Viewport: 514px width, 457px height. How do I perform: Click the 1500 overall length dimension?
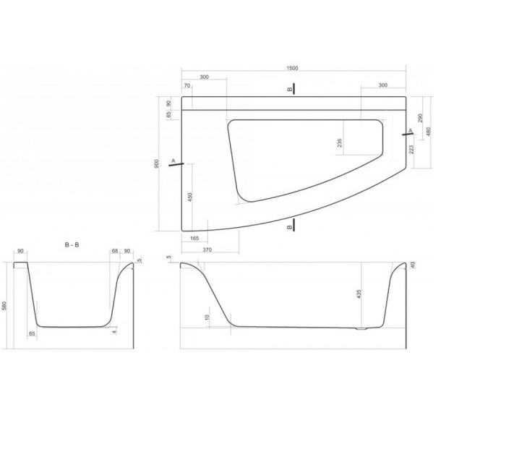point(292,69)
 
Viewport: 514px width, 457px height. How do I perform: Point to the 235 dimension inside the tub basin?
point(340,142)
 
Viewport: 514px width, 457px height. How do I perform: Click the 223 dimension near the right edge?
point(411,150)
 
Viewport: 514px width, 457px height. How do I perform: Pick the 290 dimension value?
point(421,117)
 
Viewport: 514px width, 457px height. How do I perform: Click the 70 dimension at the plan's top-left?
point(187,86)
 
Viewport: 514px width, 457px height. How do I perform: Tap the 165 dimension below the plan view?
point(194,238)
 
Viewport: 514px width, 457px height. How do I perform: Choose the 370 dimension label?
point(207,249)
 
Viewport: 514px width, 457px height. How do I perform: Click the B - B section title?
point(72,244)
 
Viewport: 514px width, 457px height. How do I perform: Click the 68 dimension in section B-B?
point(115,252)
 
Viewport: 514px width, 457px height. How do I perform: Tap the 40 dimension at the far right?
point(413,265)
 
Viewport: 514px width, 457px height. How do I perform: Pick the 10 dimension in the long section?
point(207,317)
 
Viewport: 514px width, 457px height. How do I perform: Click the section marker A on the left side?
point(174,160)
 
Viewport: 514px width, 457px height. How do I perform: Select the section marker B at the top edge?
point(290,89)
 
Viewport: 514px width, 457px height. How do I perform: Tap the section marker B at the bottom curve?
point(290,227)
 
